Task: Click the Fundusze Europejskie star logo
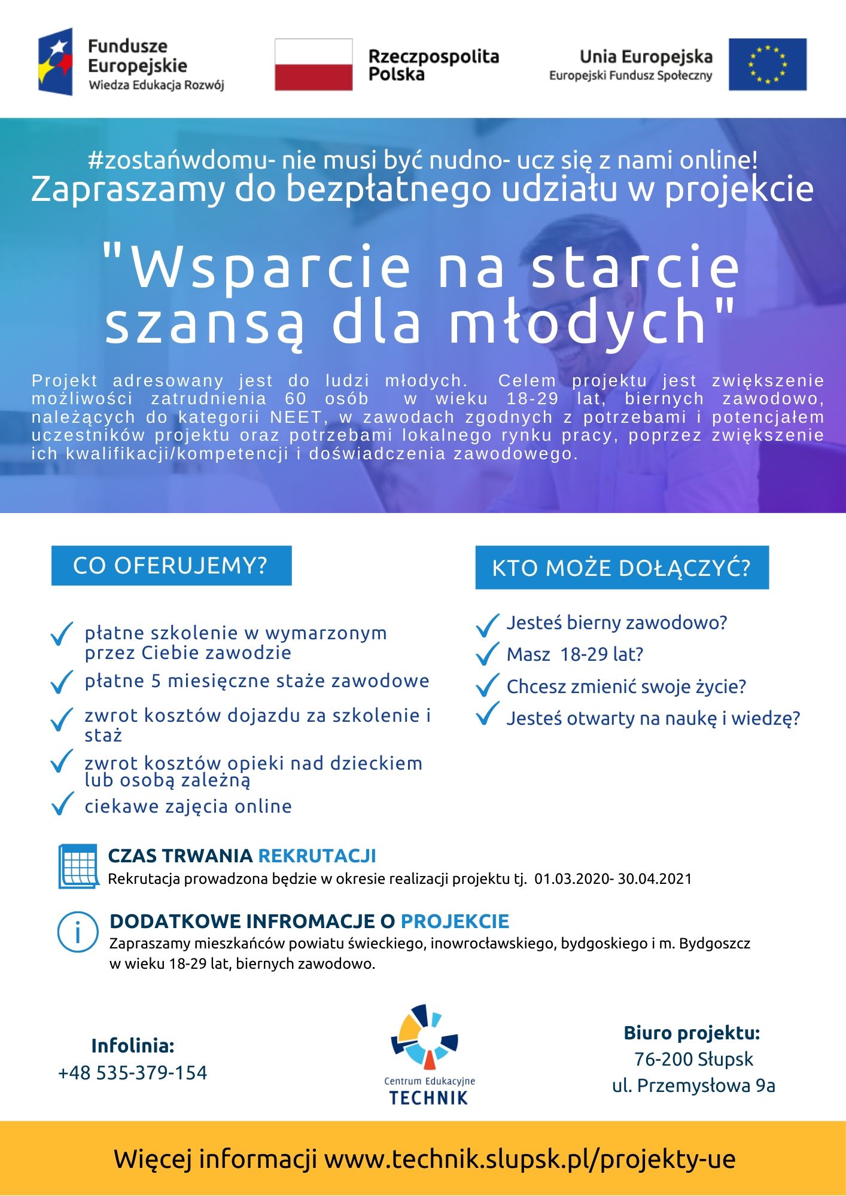tap(56, 62)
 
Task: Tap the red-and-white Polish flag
tap(314, 65)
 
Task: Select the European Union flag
tap(767, 65)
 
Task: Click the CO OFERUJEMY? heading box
tap(171, 566)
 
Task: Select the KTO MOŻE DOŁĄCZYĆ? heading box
tap(622, 568)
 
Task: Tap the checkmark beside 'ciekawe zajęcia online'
tap(62, 804)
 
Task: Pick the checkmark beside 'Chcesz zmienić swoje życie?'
tap(488, 685)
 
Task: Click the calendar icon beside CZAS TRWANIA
tap(78, 866)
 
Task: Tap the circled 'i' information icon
tap(78, 932)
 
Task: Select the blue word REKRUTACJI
tap(317, 856)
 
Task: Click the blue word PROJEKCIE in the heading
tap(455, 922)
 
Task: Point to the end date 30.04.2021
tap(655, 879)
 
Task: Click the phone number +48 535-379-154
tap(133, 1073)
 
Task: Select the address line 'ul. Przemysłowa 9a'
tap(693, 1085)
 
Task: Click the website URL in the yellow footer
tap(529, 1159)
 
